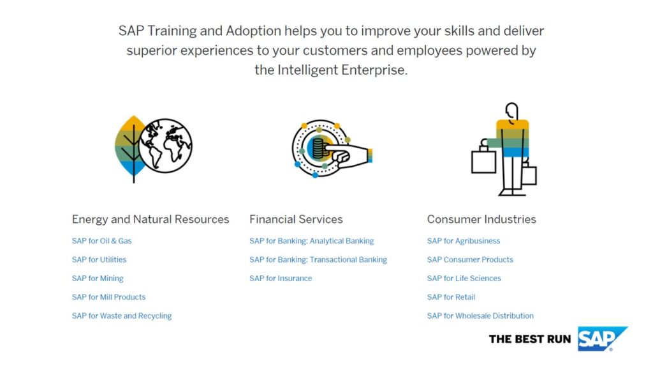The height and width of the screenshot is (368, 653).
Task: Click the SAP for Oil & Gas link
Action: (101, 241)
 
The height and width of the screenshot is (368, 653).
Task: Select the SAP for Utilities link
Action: (99, 259)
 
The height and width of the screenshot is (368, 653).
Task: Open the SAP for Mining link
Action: (98, 279)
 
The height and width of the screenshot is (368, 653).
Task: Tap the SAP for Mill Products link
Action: (108, 297)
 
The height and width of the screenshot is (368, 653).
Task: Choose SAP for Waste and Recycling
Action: (122, 316)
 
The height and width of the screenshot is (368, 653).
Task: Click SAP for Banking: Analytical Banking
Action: (311, 241)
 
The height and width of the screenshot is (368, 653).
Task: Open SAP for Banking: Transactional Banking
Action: (318, 259)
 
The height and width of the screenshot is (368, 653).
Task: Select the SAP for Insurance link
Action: (281, 279)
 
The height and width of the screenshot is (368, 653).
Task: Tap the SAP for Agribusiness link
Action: (464, 241)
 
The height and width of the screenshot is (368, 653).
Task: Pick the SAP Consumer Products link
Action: (470, 259)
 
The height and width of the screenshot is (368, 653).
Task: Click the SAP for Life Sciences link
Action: (464, 279)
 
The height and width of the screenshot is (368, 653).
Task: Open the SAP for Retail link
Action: (451, 297)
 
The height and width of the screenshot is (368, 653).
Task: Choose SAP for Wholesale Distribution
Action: (480, 316)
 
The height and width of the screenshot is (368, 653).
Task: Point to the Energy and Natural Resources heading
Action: (150, 220)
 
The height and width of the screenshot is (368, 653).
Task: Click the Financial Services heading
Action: (296, 220)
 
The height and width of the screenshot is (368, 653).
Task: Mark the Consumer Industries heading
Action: (481, 220)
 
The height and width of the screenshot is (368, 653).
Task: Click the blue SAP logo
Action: (602, 339)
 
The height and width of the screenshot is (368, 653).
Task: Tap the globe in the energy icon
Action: (165, 146)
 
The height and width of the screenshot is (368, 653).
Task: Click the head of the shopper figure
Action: (512, 111)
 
